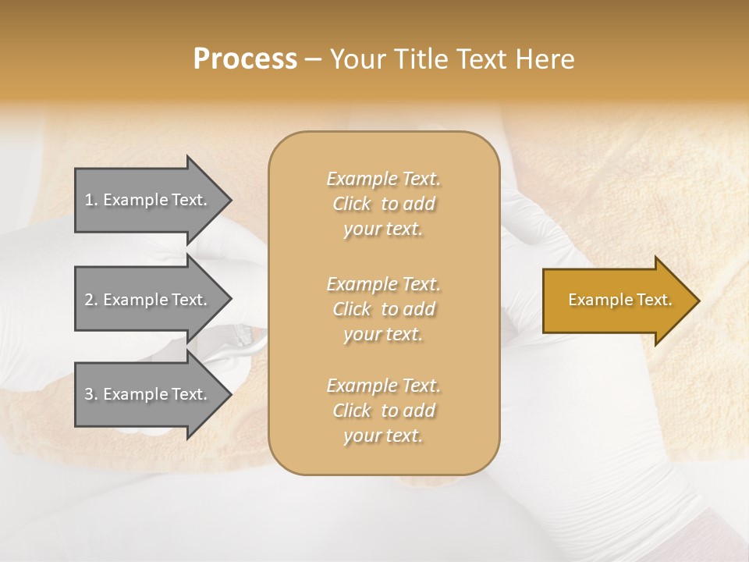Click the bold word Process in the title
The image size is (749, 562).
[245, 59]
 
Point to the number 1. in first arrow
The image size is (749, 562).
[91, 201]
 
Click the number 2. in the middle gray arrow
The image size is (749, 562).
[91, 301]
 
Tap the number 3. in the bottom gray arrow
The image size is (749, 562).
[91, 395]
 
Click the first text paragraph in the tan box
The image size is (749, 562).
[383, 204]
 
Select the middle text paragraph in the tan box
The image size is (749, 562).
[383, 309]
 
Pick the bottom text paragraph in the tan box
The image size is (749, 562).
[383, 411]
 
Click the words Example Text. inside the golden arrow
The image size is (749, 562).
[619, 301]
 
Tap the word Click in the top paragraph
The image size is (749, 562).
[352, 205]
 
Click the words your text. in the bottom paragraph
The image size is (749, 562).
[383, 436]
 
